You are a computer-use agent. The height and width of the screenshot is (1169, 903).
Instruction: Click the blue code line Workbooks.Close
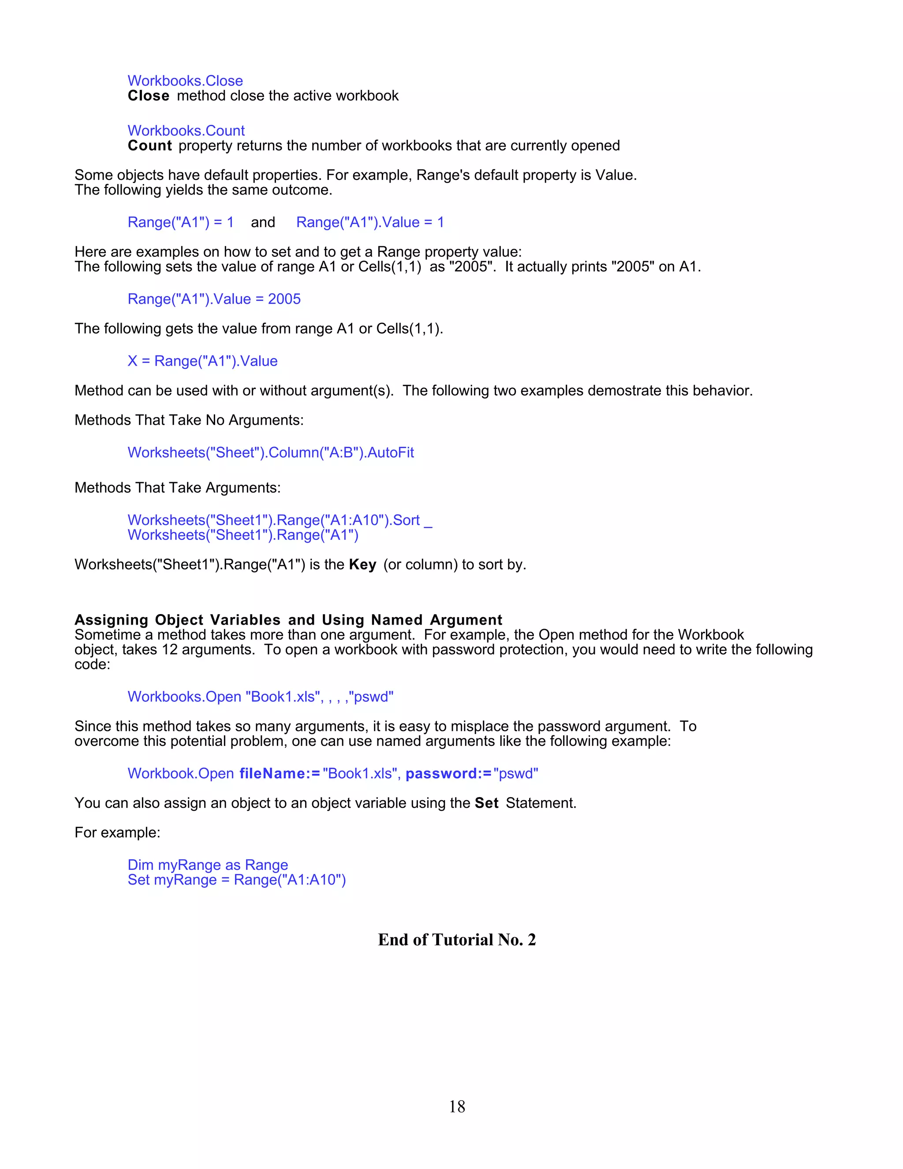coord(185,81)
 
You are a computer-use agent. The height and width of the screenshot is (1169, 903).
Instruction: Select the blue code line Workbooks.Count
coord(186,131)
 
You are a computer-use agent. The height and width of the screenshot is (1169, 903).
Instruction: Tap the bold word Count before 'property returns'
coord(150,146)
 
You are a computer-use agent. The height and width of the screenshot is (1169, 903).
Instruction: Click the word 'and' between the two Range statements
coord(263,222)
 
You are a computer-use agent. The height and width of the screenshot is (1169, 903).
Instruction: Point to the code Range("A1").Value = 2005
coord(214,299)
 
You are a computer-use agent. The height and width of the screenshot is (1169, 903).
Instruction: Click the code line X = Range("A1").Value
coord(202,361)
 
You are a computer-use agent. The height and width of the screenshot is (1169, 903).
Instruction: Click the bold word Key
coord(362,565)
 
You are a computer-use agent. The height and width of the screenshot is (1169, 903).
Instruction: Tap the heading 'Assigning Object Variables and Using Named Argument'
coord(288,620)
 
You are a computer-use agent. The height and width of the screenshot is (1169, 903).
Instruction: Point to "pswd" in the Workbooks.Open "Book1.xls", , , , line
coord(371,697)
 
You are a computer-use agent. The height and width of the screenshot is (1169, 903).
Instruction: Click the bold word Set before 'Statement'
coord(486,803)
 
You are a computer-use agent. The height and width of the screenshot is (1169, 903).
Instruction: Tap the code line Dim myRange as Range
coord(208,865)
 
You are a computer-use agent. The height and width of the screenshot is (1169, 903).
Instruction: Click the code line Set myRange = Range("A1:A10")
coord(236,880)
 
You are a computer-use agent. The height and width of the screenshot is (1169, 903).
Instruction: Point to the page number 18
coord(457,1106)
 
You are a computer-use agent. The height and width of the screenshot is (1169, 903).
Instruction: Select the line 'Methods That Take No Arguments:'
coord(189,420)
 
